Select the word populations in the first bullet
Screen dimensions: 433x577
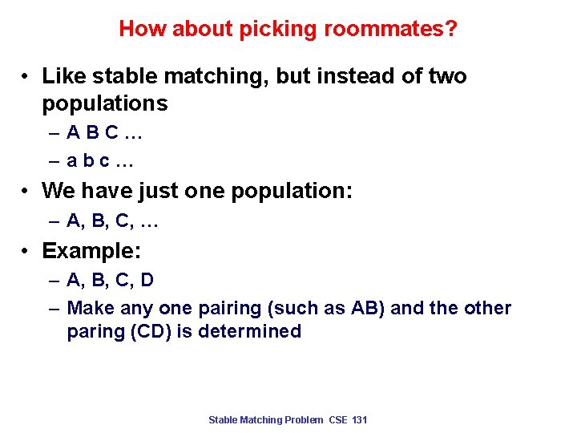pyautogui.click(x=105, y=103)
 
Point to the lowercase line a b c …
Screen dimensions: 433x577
pyautogui.click(x=100, y=161)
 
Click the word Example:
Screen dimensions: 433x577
pyautogui.click(x=91, y=251)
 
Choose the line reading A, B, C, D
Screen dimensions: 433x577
pyautogui.click(x=110, y=281)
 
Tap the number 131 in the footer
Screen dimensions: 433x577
pyautogui.click(x=359, y=420)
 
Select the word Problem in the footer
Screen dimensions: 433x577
pyautogui.click(x=305, y=420)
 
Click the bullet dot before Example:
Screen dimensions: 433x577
pyautogui.click(x=27, y=252)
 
